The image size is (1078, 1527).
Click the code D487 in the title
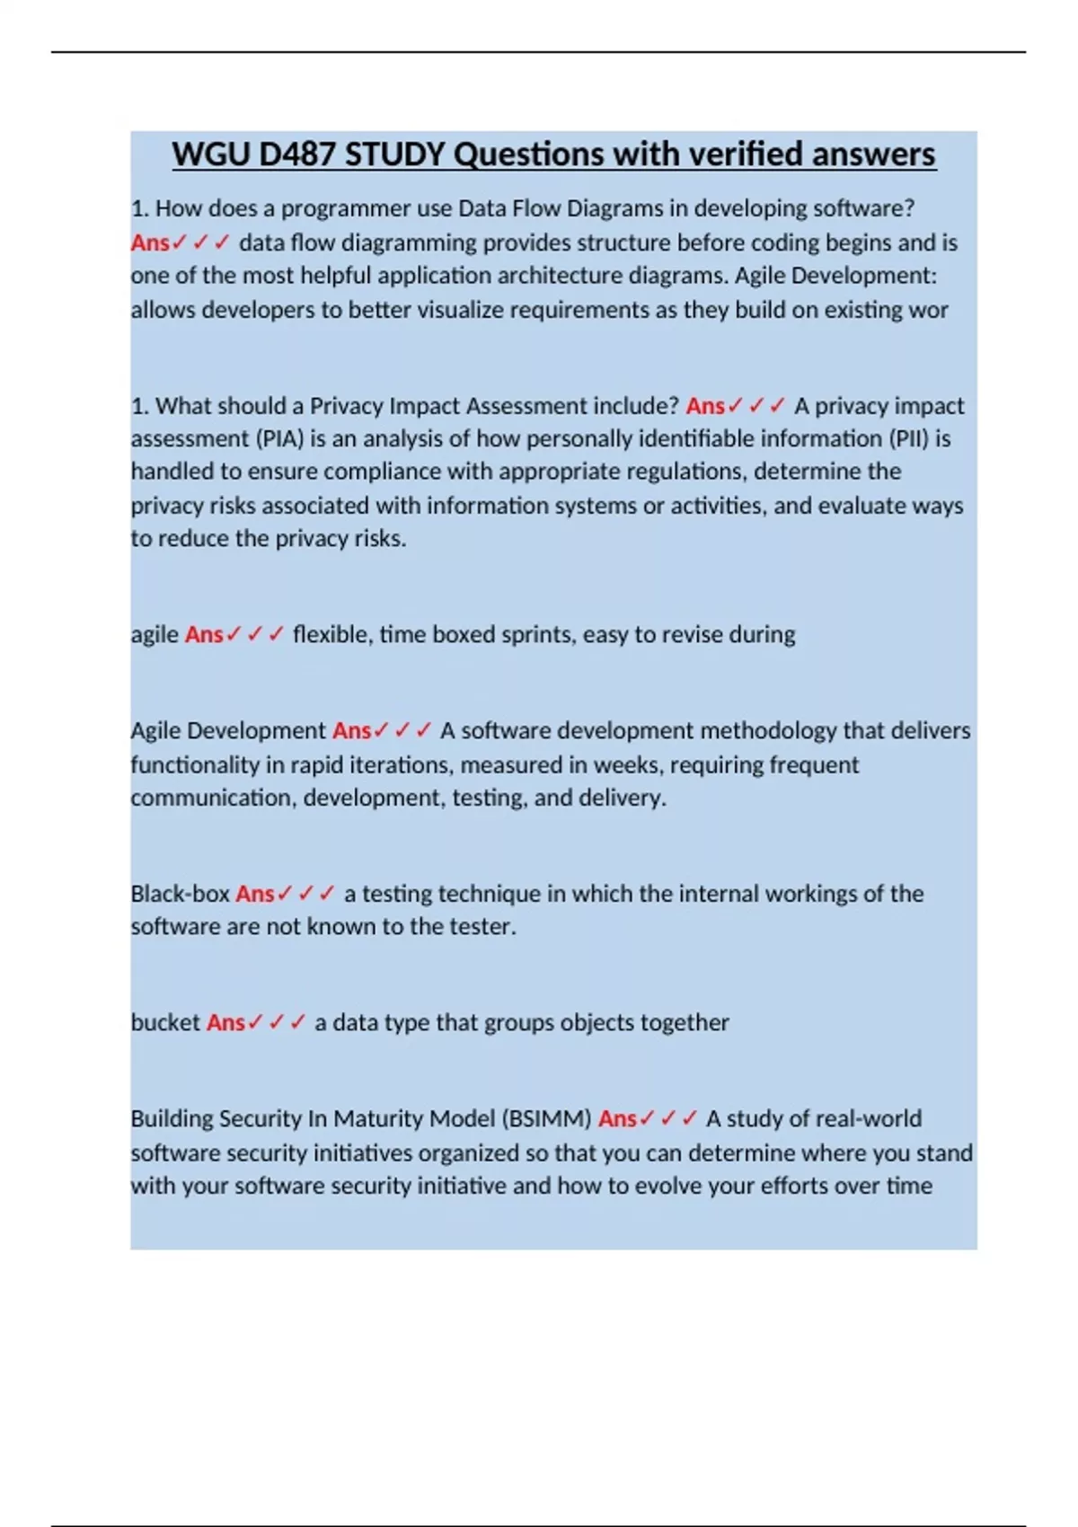tap(298, 154)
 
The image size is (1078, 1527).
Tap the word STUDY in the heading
tap(395, 154)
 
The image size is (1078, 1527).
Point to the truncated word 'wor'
tap(930, 310)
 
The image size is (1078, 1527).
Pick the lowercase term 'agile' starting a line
tap(155, 635)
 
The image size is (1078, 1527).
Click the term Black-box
tap(180, 894)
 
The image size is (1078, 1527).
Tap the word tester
tap(482, 927)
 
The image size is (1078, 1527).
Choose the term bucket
tap(165, 1023)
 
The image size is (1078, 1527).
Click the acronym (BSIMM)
tap(546, 1119)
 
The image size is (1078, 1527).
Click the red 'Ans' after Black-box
tap(255, 894)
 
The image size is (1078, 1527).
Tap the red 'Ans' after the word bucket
tap(225, 1023)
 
